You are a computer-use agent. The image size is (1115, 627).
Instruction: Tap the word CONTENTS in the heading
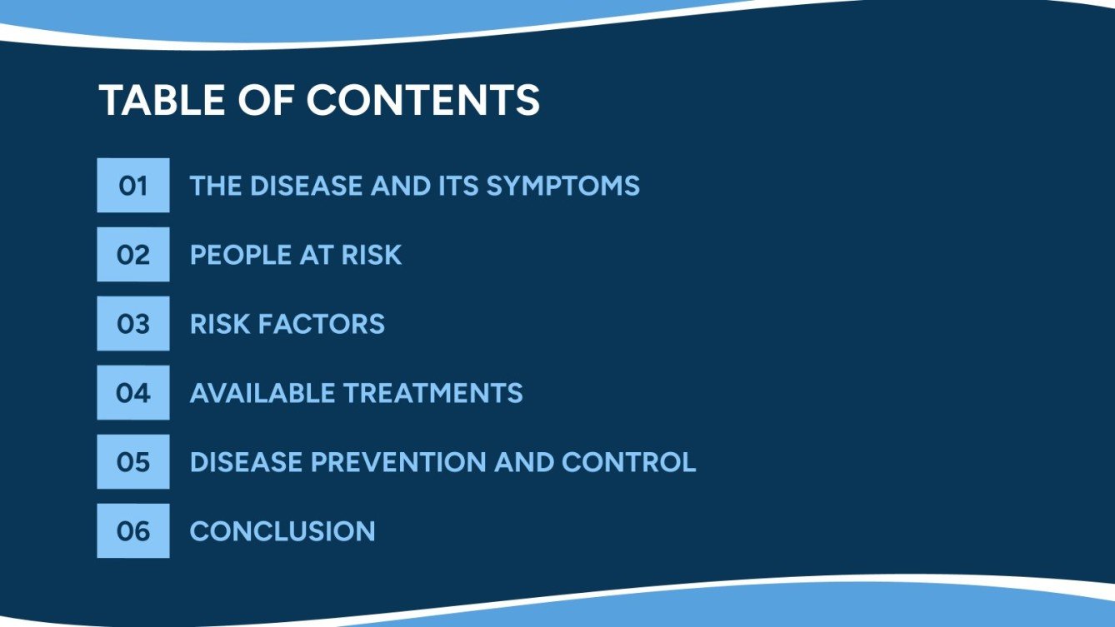coord(423,100)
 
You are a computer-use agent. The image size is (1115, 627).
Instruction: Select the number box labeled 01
coord(132,185)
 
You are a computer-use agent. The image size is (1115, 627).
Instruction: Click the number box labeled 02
coord(132,254)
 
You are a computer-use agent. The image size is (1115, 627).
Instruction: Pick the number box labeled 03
coord(132,323)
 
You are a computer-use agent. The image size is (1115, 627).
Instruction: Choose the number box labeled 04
coord(132,392)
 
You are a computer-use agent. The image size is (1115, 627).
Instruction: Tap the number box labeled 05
coord(132,461)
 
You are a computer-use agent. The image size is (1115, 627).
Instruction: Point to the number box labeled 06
coord(132,530)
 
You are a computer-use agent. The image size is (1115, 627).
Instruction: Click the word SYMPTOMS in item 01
coord(562,185)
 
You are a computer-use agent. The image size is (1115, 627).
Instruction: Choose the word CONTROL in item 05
coord(629,461)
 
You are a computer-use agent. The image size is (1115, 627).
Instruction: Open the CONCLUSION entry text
coord(282,530)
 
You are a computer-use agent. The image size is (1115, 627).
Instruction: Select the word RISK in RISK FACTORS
coord(220,323)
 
